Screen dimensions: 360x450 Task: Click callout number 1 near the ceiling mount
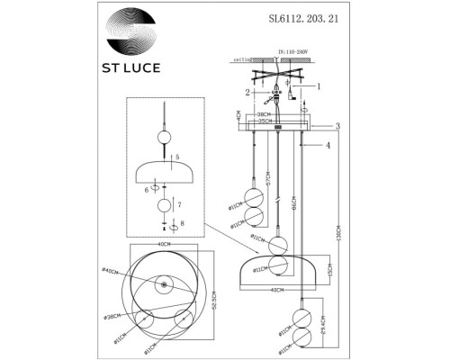[316, 85]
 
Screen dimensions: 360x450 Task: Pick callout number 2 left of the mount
[246, 92]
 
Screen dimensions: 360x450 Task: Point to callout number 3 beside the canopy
[337, 126]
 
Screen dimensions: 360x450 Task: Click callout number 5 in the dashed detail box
[176, 157]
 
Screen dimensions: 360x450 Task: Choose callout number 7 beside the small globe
[179, 205]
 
